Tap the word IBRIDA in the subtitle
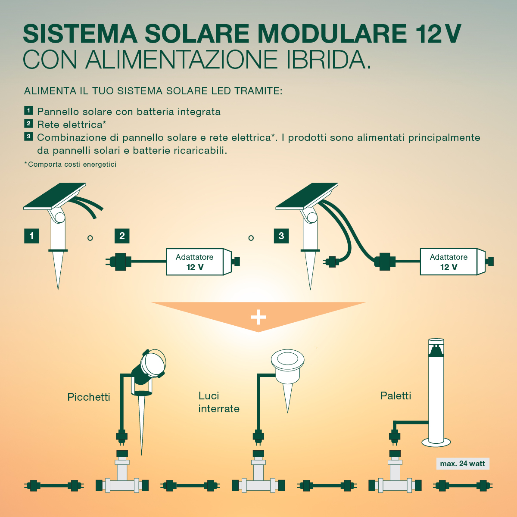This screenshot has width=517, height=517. click(x=328, y=59)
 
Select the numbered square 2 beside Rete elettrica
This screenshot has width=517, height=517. click(x=29, y=123)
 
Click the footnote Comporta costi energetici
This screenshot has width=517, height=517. click(x=70, y=164)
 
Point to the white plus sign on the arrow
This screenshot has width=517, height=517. click(x=258, y=317)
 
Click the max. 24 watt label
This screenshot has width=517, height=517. click(x=463, y=463)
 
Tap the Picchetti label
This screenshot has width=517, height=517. click(x=89, y=397)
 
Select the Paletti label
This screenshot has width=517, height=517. click(x=396, y=396)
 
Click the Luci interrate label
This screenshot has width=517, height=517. click(x=219, y=402)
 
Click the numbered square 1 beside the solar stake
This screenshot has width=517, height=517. click(x=31, y=236)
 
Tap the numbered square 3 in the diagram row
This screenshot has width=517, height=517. click(x=281, y=236)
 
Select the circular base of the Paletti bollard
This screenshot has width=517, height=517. click(x=436, y=442)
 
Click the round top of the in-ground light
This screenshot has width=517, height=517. click(x=288, y=358)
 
